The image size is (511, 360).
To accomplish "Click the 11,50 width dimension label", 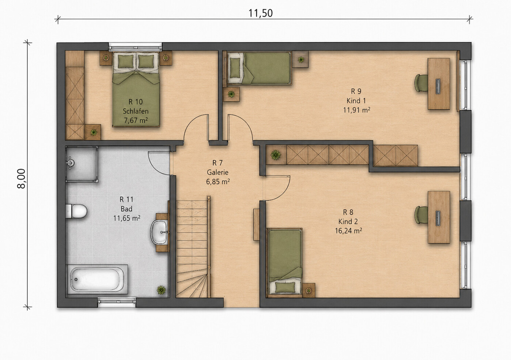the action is point(260,13).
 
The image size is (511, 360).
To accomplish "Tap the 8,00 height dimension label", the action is point(21,179).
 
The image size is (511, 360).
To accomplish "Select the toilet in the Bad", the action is point(76,211).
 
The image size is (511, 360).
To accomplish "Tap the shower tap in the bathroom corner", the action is point(70,163).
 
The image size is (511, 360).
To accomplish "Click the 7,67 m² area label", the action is point(136,120).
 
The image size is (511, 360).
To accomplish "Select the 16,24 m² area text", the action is point(348,231).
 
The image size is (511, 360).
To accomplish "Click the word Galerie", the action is point(217,172).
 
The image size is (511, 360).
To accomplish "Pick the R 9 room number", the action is point(356,91).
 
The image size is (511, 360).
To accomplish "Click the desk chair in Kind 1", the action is point(421,83).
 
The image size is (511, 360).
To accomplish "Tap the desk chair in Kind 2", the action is point(421,215).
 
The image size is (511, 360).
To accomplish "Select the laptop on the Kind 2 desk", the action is point(438,218).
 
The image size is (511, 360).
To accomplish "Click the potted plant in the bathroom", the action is point(161,290).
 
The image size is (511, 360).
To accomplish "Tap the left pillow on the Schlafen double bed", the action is point(125,61).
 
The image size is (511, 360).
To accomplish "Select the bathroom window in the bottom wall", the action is point(117,301).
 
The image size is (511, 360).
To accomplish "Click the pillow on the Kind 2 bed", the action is point(285,287).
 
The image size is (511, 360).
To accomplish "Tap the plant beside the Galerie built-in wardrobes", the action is point(276,155).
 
